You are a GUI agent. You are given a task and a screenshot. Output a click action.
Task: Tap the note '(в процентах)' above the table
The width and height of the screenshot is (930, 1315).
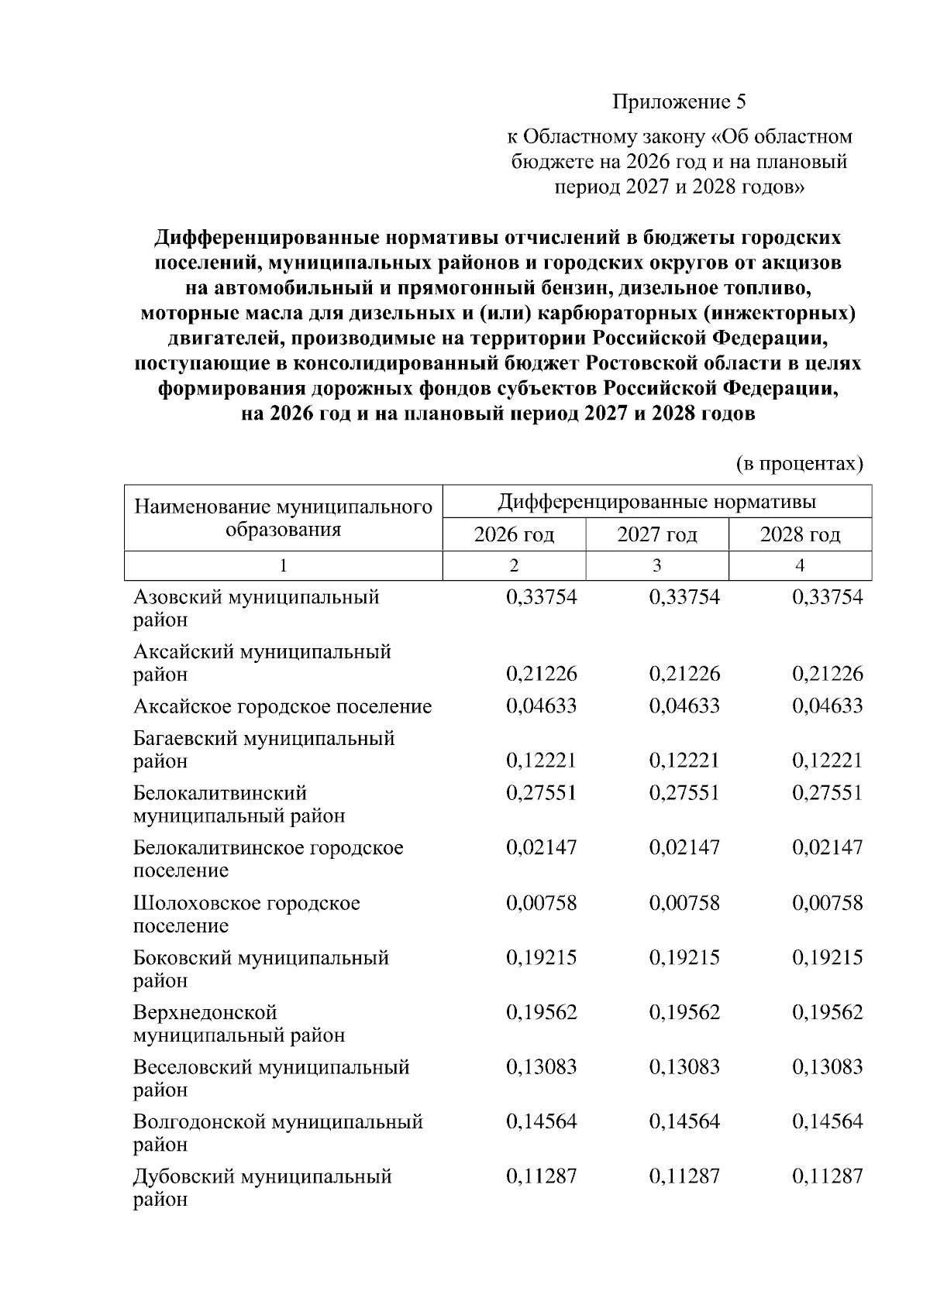click(798, 463)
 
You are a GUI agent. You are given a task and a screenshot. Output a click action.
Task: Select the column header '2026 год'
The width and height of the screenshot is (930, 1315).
click(514, 534)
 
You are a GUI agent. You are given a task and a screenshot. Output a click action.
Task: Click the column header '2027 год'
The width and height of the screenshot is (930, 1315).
click(656, 534)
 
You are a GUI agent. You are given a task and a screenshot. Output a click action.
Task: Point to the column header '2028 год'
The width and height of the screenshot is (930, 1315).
click(800, 534)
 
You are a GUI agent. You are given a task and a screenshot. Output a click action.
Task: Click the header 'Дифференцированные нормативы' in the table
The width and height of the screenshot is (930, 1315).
click(656, 501)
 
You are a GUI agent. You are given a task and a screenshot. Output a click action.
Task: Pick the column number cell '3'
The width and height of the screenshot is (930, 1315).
click(656, 566)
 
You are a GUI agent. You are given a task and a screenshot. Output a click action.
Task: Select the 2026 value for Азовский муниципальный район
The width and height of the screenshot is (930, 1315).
click(541, 597)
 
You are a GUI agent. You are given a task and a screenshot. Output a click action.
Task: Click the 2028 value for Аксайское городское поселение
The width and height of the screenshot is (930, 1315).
click(827, 706)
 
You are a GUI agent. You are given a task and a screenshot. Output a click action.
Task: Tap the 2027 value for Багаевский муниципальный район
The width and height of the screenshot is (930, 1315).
click(684, 761)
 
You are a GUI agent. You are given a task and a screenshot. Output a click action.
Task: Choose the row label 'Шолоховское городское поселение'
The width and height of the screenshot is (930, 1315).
click(246, 915)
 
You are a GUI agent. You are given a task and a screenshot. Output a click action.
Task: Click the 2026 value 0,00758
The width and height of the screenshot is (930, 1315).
click(541, 903)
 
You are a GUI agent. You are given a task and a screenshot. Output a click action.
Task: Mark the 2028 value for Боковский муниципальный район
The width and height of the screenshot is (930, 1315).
click(827, 958)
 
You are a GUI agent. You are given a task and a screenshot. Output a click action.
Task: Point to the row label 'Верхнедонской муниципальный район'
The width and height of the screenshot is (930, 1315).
click(239, 1024)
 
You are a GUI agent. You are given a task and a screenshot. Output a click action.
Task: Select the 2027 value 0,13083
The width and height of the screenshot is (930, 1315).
click(684, 1067)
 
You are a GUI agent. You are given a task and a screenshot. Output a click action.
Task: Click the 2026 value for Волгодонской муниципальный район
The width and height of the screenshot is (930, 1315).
click(541, 1122)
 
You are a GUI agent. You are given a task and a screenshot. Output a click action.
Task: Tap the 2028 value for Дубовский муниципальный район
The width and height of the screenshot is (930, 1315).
click(827, 1177)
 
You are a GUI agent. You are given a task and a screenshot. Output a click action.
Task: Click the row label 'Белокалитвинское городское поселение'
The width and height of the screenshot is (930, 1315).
click(268, 859)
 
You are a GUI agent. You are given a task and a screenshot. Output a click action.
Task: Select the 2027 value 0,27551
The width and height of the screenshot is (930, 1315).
click(684, 793)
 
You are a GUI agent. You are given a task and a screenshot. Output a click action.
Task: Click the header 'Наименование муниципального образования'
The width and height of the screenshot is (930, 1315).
click(283, 518)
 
